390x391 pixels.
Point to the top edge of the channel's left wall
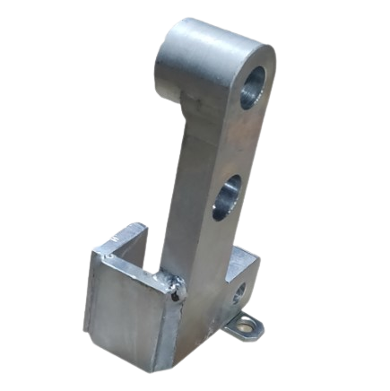115,235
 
